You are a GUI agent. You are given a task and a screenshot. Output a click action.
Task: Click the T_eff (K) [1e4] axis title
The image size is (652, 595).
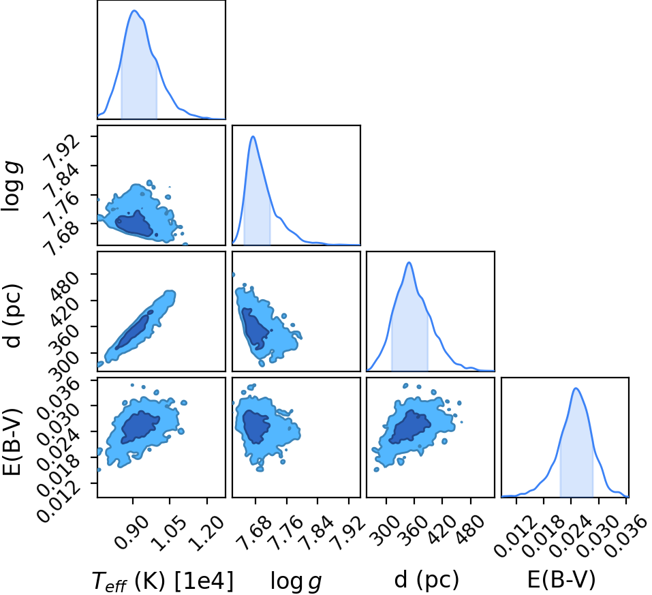click(163, 581)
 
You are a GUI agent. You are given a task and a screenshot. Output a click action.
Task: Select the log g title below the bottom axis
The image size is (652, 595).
click(296, 581)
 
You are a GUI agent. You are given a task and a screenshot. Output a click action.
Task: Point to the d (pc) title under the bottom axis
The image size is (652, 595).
click(426, 579)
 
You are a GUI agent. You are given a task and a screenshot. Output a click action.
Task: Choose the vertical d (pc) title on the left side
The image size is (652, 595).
click(12, 316)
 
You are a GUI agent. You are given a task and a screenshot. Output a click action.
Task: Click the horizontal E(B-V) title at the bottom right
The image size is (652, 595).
click(561, 579)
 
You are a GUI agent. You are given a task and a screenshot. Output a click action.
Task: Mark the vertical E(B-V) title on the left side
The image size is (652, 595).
click(12, 440)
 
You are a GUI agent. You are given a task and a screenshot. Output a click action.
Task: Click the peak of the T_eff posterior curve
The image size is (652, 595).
click(134, 10)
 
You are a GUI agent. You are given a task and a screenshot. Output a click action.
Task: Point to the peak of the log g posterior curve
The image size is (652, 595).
click(252, 136)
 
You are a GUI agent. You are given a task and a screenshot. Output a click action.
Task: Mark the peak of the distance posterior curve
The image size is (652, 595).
click(409, 262)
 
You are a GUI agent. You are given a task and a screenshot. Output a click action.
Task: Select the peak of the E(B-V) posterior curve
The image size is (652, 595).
click(576, 388)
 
